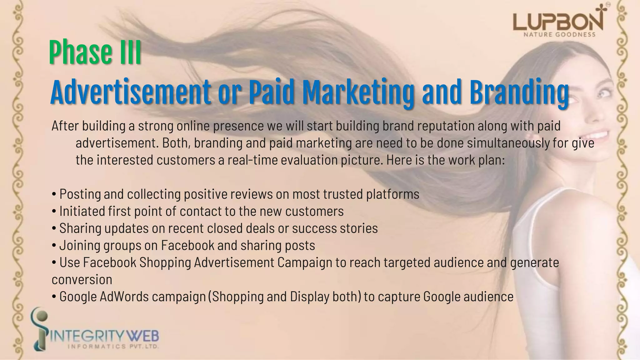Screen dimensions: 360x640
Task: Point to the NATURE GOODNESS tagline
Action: (559, 35)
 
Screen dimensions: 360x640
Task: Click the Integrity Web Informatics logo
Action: (95, 334)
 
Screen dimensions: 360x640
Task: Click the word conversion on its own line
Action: (82, 280)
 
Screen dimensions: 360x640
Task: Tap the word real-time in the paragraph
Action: (252, 160)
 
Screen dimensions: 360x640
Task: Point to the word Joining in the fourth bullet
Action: (80, 246)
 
